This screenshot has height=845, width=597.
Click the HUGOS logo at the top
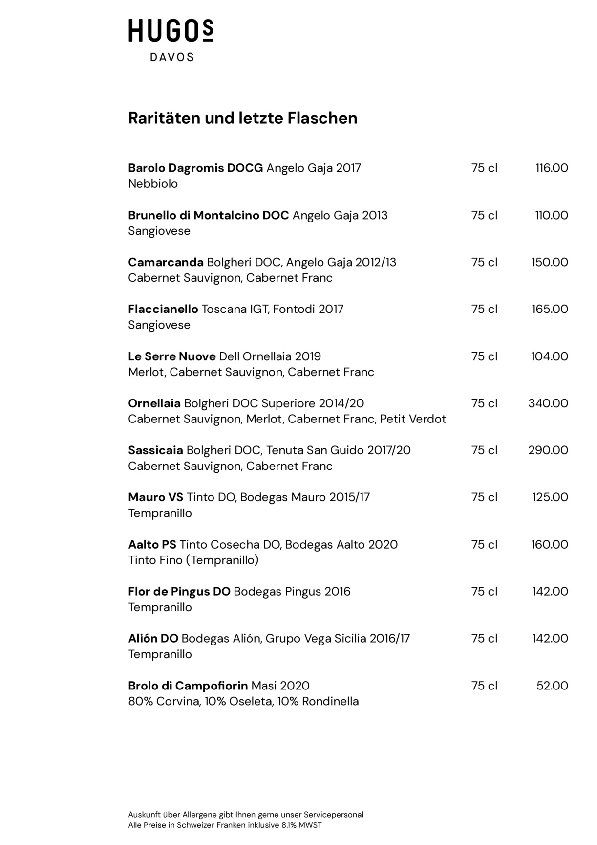tap(171, 31)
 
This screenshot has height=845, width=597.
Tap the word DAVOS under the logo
tap(171, 57)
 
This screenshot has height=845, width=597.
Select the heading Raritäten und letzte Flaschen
tap(242, 118)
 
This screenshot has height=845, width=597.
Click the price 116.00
tap(552, 168)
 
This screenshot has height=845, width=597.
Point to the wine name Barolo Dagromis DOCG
tap(195, 168)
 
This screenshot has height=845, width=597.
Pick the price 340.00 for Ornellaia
tap(548, 403)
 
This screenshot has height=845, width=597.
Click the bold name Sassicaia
tap(155, 450)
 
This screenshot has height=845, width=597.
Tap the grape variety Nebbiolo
tap(153, 184)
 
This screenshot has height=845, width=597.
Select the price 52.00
tap(552, 686)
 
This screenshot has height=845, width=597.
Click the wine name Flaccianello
tap(163, 309)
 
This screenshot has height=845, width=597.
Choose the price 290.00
tap(548, 450)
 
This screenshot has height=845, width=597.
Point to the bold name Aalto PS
tap(152, 544)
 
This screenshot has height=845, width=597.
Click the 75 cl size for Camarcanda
tap(484, 262)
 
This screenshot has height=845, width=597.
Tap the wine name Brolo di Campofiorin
tap(188, 686)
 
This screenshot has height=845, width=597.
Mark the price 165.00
tap(550, 309)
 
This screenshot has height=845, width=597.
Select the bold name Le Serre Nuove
tap(171, 356)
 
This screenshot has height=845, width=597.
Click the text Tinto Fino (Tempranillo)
tap(193, 560)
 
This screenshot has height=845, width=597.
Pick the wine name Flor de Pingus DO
tap(179, 592)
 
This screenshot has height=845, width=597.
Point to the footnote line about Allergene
tap(246, 815)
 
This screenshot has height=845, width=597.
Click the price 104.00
tap(550, 356)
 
